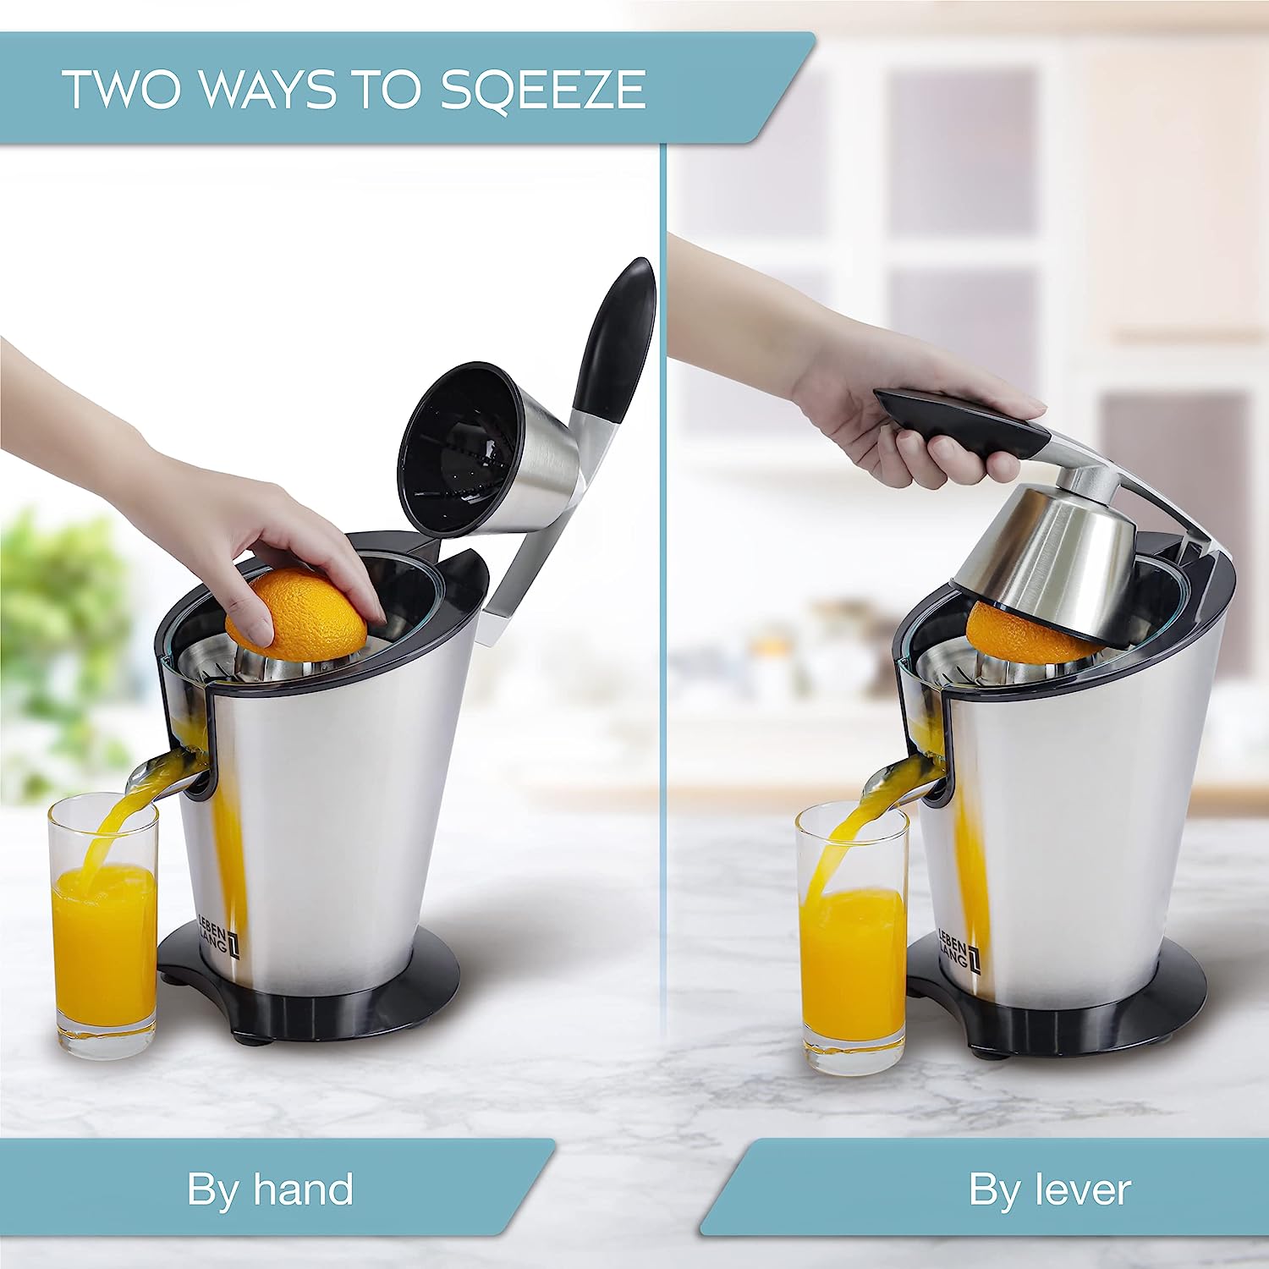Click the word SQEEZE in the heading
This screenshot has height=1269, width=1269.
coord(543,90)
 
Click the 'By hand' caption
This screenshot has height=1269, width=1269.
coord(270,1189)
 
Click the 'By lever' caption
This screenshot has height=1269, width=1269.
coord(1049,1189)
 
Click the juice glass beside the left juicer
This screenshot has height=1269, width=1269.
coord(104,926)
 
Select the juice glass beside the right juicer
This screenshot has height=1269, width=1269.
coord(853,939)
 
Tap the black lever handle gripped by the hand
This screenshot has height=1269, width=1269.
coord(960,426)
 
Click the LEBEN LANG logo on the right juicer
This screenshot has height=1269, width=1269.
coord(958,952)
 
